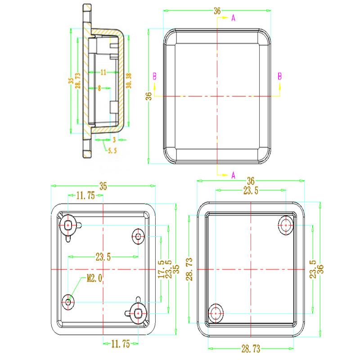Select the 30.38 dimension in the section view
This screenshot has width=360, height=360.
(130, 81)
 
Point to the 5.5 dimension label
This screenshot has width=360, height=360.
(112, 151)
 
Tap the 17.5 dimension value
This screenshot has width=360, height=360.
(161, 269)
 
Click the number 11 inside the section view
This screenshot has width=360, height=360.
(103, 72)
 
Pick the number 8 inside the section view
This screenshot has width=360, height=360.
(99, 89)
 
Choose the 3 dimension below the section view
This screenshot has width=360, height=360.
(114, 140)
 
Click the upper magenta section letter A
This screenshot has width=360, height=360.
(233, 18)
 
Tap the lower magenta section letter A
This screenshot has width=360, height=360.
(233, 175)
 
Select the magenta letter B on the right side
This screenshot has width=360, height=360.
(279, 76)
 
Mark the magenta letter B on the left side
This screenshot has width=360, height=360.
(154, 76)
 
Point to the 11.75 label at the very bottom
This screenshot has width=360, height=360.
(120, 344)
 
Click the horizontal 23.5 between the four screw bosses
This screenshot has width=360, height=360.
(103, 257)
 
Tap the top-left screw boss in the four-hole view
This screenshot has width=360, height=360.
(68, 225)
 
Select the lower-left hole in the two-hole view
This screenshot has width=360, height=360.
(216, 312)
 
